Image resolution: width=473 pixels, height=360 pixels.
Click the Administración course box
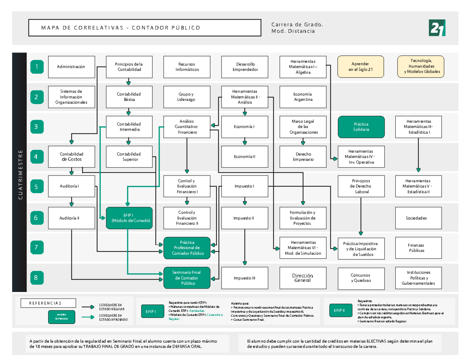[x=71, y=67]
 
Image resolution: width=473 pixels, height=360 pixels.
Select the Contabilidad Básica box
[x=129, y=97]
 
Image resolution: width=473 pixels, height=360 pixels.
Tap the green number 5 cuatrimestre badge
[x=36, y=187]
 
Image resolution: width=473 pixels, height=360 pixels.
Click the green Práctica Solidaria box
[x=361, y=127]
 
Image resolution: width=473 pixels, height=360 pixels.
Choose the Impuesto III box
[x=244, y=278]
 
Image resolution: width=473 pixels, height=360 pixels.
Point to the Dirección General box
[x=302, y=278]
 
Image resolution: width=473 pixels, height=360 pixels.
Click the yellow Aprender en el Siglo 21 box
[x=361, y=67]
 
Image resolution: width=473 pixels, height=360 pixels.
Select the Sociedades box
[x=419, y=218]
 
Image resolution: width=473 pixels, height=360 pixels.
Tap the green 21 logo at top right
[x=437, y=28]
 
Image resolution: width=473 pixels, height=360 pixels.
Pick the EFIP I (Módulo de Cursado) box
[x=129, y=218]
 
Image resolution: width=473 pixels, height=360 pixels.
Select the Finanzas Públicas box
[x=419, y=248]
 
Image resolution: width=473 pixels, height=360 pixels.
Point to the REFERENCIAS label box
[x=48, y=303]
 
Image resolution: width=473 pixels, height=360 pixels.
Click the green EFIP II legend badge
[x=339, y=311]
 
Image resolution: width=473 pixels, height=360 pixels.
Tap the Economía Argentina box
[x=302, y=97]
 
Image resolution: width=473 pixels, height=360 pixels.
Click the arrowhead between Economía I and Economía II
[x=245, y=142]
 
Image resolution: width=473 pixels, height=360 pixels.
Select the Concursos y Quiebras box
[x=361, y=278]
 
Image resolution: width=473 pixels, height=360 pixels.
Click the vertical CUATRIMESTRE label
[x=20, y=173]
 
